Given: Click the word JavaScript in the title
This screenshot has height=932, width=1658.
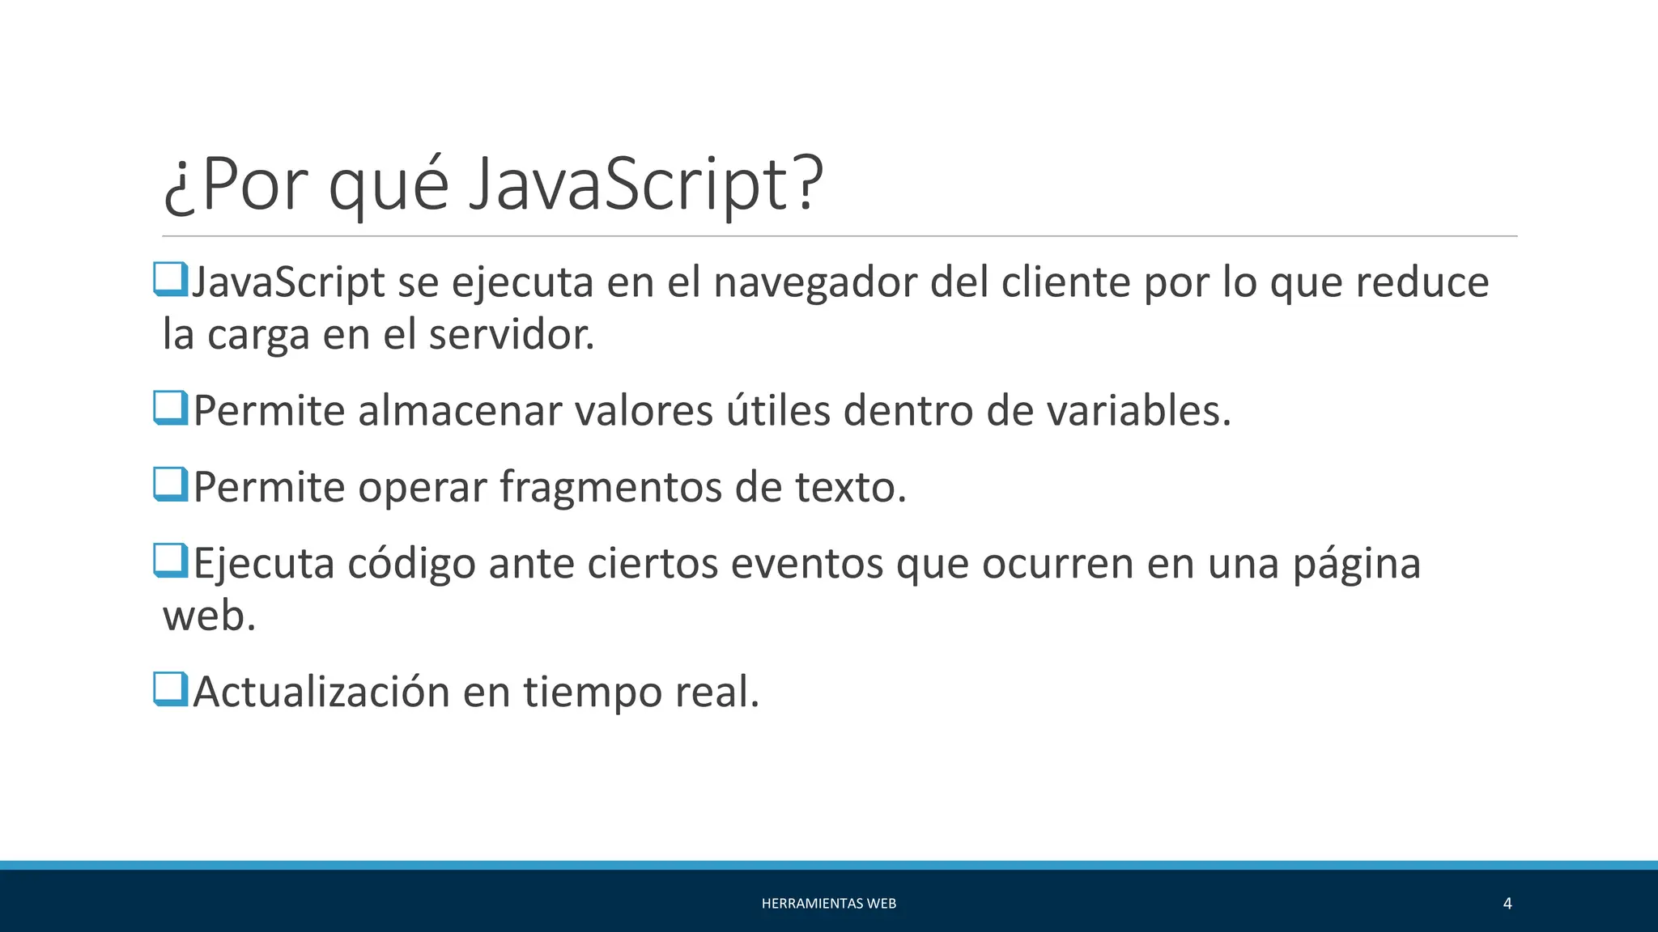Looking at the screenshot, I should [644, 184].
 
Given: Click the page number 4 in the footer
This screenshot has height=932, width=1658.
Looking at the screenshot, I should [1507, 904].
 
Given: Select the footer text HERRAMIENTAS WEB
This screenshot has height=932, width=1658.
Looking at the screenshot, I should [828, 904].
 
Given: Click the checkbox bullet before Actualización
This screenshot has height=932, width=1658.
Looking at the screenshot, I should [171, 689].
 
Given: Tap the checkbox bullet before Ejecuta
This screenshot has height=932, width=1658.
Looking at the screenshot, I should [171, 561].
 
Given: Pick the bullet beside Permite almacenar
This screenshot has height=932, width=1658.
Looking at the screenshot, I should [171, 408].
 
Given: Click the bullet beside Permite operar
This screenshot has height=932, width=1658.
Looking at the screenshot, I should [171, 485].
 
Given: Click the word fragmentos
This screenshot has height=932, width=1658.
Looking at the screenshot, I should [610, 488].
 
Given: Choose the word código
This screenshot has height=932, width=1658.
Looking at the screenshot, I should [411, 564].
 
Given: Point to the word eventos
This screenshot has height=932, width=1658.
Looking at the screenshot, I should [806, 564].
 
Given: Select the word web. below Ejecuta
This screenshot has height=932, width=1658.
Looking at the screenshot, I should [209, 616].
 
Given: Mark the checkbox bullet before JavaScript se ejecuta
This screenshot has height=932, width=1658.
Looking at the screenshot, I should [171, 279].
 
